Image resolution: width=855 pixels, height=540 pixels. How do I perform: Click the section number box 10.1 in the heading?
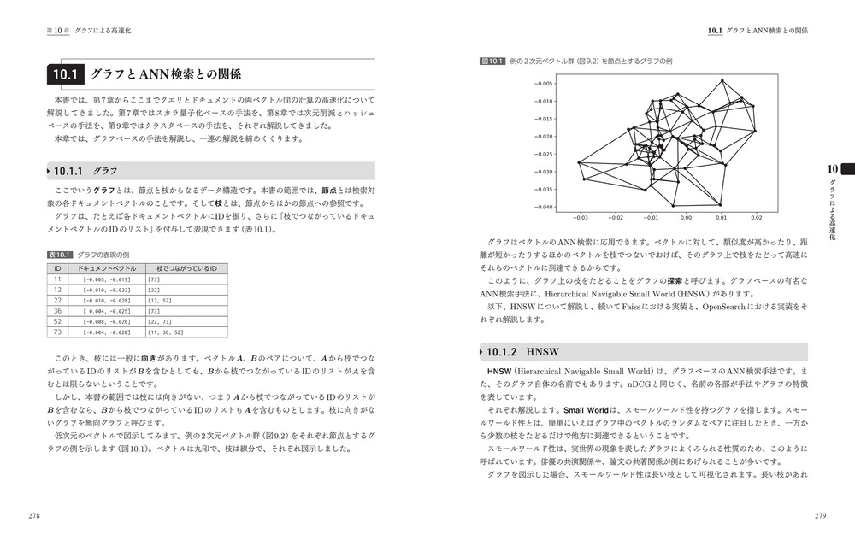[x=64, y=74]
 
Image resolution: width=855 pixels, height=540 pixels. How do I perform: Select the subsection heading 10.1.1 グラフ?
[x=85, y=171]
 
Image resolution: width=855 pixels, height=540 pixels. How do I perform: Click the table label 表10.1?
[x=59, y=255]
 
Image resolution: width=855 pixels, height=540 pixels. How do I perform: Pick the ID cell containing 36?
[x=57, y=310]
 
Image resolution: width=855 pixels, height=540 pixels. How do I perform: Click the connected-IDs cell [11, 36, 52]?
[x=166, y=332]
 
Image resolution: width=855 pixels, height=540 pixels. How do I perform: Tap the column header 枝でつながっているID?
[x=188, y=268]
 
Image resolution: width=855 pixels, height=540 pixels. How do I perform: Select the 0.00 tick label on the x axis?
[x=687, y=217]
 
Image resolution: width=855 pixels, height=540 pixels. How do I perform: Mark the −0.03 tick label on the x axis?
[x=581, y=217]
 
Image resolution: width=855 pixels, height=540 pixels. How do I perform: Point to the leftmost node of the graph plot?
[x=579, y=162]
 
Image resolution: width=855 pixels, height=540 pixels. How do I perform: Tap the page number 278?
[x=35, y=516]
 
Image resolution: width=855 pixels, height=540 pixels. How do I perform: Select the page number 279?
[x=819, y=516]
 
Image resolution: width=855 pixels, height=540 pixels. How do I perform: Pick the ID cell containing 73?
[x=57, y=332]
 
